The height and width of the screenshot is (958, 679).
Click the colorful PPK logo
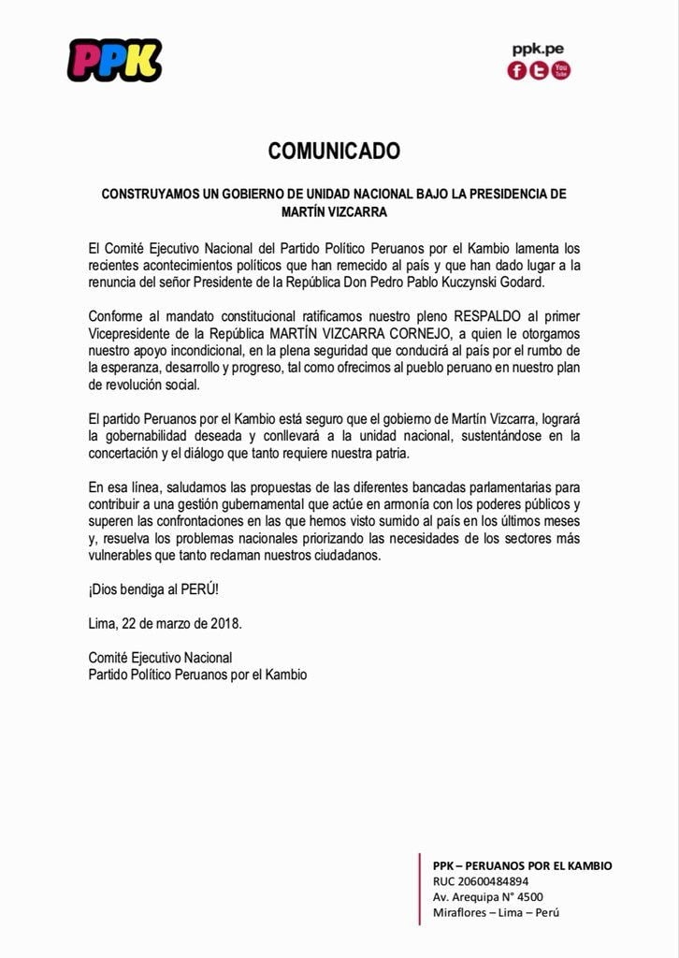coord(114,61)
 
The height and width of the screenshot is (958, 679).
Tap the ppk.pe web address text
coord(538,50)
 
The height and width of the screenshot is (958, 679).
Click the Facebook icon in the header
coord(517,71)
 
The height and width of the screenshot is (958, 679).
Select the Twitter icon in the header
coord(539,71)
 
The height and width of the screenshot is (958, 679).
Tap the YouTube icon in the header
coord(560,70)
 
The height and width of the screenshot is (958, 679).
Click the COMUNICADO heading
coord(334,151)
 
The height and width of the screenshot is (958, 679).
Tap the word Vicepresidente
coord(131,332)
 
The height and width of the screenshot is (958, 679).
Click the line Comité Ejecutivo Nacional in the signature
coord(160,658)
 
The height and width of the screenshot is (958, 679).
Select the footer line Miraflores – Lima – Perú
coord(496,913)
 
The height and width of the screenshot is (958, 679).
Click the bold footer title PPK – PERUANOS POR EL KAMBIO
coord(522,865)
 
